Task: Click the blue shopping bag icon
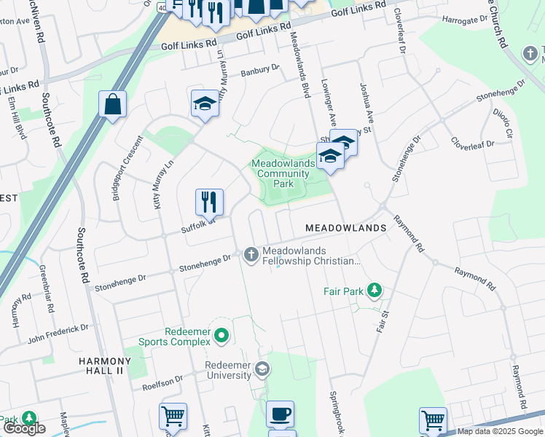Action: [x=112, y=104]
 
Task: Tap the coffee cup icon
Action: [x=280, y=414]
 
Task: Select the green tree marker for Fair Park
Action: [x=375, y=291]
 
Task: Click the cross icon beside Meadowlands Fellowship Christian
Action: [x=251, y=254]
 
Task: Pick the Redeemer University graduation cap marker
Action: [x=262, y=369]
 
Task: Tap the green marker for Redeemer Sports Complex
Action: [x=223, y=336]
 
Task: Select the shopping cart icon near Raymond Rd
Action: [x=433, y=420]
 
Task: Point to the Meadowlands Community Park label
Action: [x=283, y=173]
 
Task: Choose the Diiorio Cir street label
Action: [x=503, y=122]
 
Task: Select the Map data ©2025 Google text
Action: [x=499, y=431]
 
